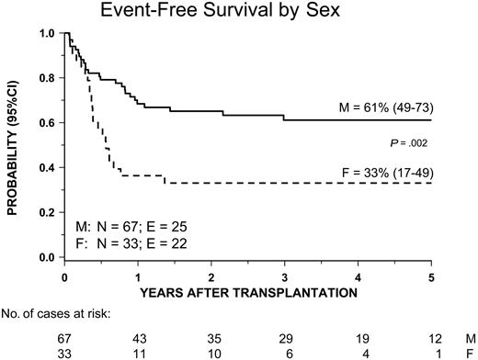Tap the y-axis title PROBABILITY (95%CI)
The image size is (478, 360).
(x=17, y=148)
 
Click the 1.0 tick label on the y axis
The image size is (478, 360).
(x=45, y=34)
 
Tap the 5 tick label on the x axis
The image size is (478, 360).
(x=431, y=277)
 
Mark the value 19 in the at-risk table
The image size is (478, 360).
(x=358, y=338)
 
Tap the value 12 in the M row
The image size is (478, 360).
(x=431, y=338)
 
